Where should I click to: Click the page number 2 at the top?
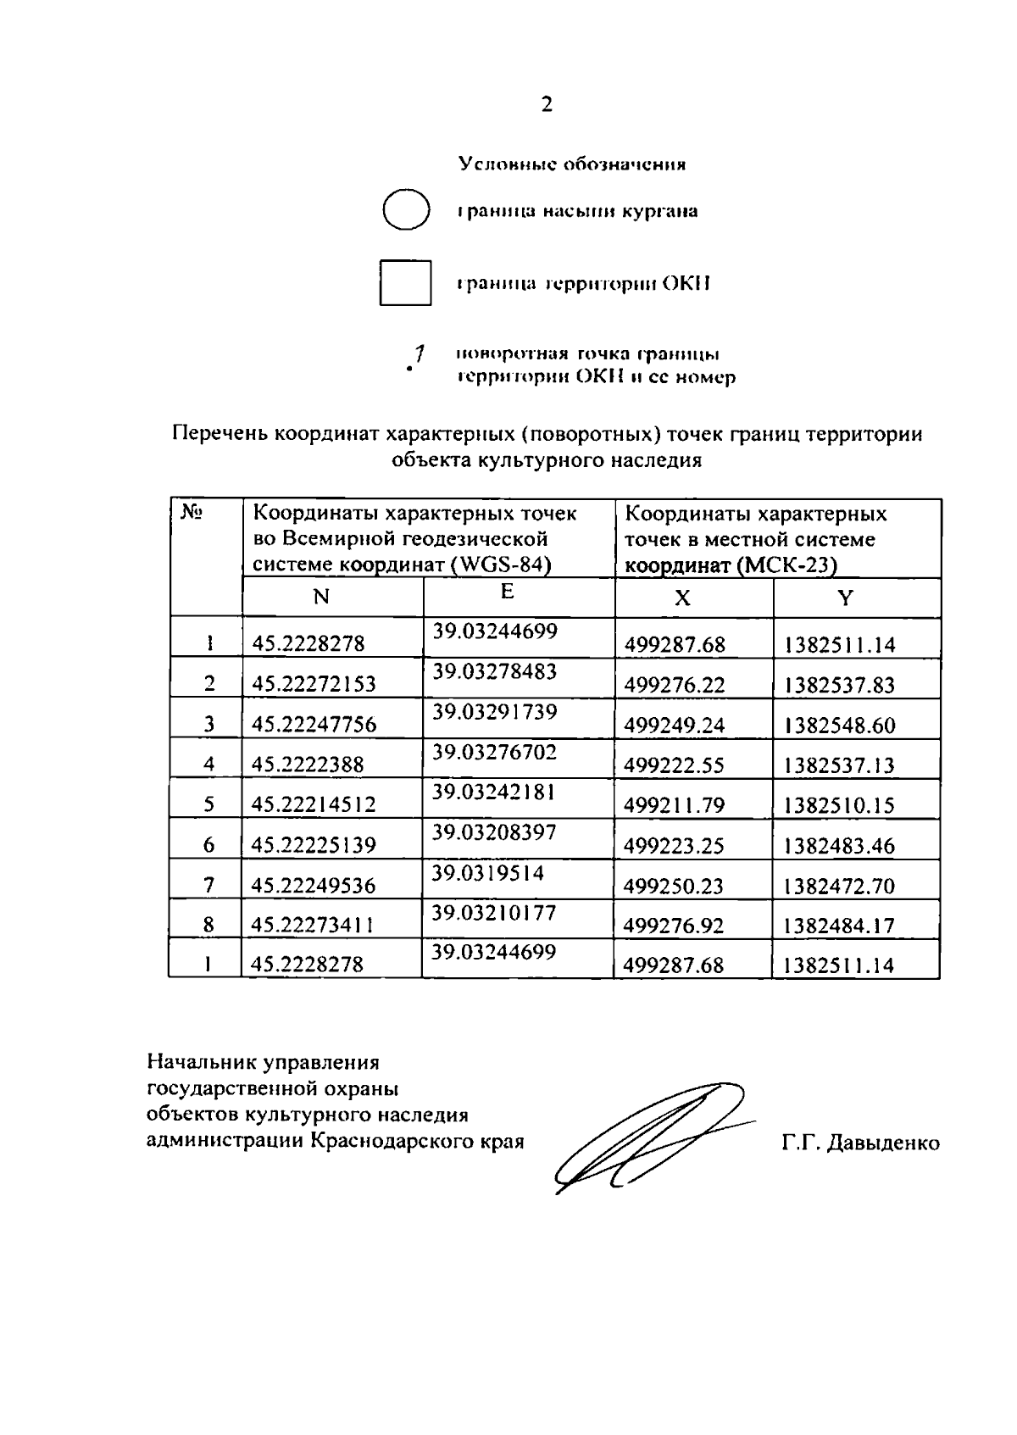547,105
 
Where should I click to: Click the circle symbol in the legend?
406,210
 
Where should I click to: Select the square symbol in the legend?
405,282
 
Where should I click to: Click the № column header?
191,513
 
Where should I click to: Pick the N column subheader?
320,598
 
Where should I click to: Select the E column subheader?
507,592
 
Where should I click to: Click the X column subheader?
681,598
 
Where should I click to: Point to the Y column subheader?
845,598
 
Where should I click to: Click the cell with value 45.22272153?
314,684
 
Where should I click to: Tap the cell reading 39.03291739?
495,712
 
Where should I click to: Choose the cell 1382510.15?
839,805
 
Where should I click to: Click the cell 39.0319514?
487,873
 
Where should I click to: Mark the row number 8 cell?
208,925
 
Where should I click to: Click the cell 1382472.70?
839,887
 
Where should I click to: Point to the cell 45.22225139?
314,845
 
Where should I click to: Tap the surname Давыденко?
883,1143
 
